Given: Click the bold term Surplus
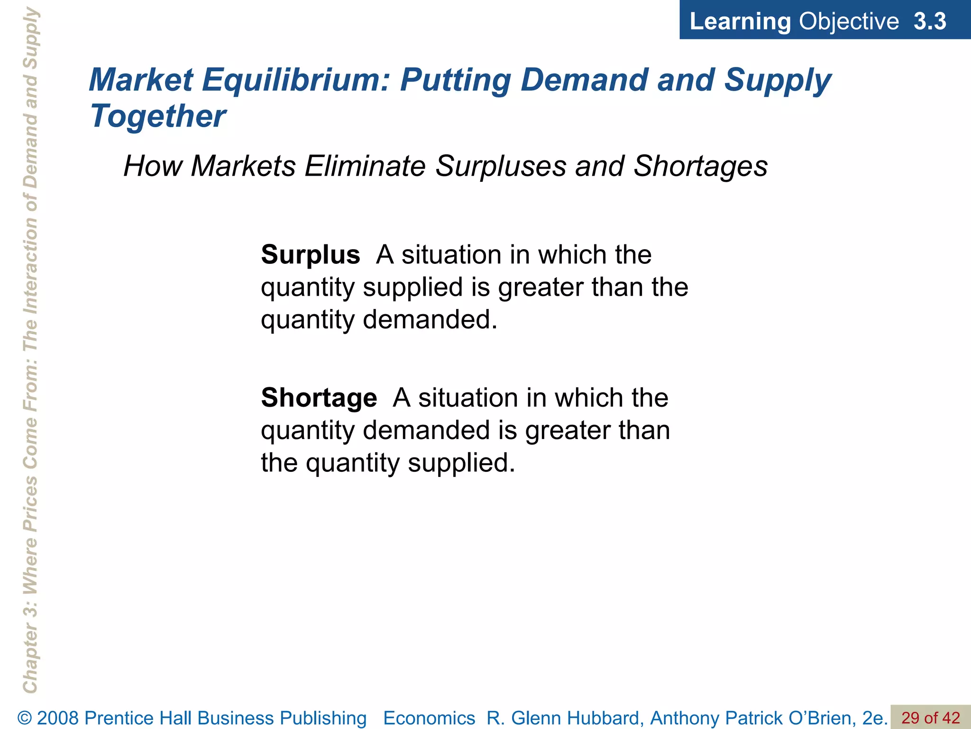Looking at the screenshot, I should point(311,255).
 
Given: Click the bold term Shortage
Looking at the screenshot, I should point(319,398).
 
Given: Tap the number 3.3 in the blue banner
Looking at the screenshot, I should point(930,21).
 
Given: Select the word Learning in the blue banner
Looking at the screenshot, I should point(740,21).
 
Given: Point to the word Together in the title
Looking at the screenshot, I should point(158,116).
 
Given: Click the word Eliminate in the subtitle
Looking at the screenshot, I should point(365,166).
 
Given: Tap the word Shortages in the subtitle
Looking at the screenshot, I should point(700,166).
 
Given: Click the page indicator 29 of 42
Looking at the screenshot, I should point(930,718).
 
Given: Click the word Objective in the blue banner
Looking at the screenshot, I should point(849,21).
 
